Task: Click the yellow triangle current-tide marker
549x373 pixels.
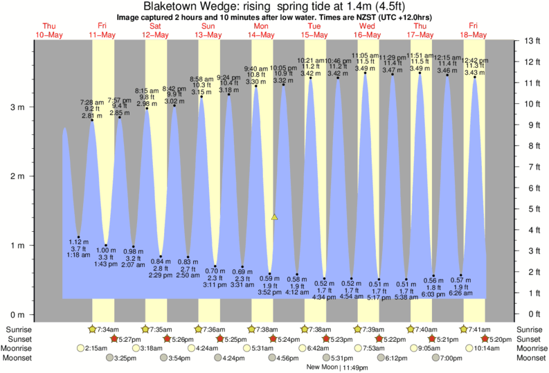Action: click(x=275, y=217)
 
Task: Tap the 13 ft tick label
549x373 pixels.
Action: click(x=532, y=41)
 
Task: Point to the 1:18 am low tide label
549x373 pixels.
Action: click(x=79, y=255)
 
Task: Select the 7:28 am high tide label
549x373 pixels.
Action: click(x=93, y=102)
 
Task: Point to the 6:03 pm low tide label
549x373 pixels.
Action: click(x=433, y=294)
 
